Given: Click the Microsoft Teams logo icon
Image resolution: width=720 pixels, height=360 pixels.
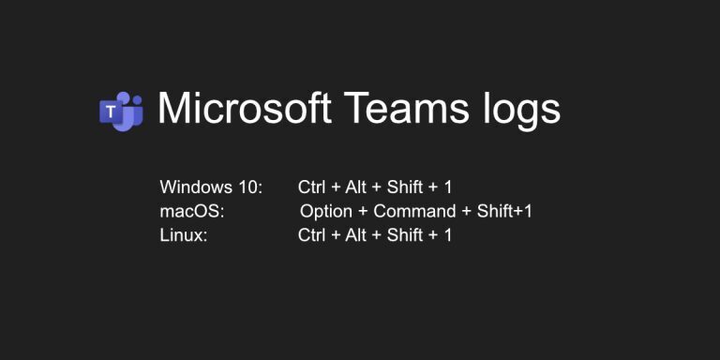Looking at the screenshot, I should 121,111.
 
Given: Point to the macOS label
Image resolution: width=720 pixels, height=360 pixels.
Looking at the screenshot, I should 192,211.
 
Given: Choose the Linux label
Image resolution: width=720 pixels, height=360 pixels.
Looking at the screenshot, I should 184,234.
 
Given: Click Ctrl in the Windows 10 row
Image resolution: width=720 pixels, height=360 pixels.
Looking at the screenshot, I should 311,187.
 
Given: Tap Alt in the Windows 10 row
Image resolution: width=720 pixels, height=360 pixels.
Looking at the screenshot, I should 355,187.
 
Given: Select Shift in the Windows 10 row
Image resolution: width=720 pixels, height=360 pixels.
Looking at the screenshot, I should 405,187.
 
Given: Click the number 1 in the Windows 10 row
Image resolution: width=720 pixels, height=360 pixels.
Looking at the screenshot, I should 448,187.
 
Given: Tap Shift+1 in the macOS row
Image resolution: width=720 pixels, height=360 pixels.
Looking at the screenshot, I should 504,211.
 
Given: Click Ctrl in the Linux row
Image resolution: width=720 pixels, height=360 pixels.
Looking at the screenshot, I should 311,234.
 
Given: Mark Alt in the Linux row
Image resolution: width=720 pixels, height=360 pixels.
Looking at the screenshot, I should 355,234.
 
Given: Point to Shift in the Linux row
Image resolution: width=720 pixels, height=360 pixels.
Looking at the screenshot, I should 405,234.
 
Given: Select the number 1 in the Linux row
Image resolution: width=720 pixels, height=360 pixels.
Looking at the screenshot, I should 448,234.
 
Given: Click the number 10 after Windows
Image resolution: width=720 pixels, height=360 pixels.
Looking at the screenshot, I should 251,187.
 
